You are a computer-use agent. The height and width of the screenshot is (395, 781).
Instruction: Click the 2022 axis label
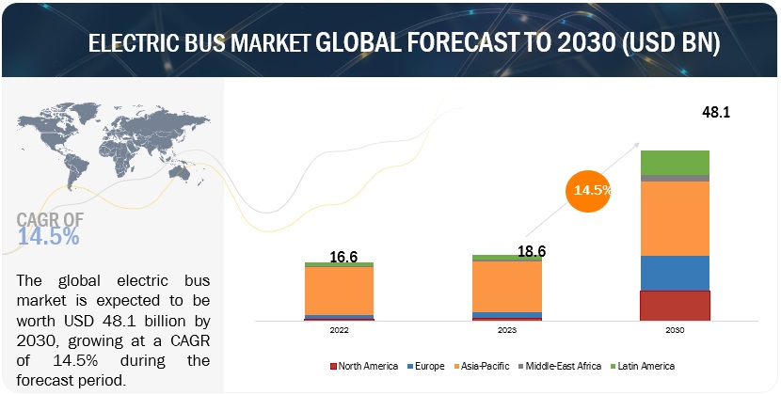(339, 331)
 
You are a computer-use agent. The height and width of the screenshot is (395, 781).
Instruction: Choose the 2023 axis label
(506, 331)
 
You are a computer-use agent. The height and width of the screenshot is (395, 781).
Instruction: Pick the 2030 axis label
(674, 331)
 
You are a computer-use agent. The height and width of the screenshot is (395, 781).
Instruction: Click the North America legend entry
(363, 365)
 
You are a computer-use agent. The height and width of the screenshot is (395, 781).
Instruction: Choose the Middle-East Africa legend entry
(562, 365)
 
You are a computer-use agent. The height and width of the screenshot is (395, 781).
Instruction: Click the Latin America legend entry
(644, 365)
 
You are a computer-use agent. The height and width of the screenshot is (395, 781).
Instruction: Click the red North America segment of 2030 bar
(675, 305)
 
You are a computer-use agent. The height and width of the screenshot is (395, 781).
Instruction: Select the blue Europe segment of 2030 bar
(675, 273)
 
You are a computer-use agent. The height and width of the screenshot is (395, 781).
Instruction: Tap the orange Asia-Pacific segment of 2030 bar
(675, 218)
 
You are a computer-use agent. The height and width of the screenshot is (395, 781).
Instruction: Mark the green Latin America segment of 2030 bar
(675, 162)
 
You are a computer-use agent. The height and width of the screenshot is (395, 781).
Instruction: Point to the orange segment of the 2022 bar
(339, 291)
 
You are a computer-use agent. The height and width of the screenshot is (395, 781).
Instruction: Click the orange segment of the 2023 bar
(506, 286)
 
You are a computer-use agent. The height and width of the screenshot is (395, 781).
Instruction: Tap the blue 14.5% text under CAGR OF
(48, 237)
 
